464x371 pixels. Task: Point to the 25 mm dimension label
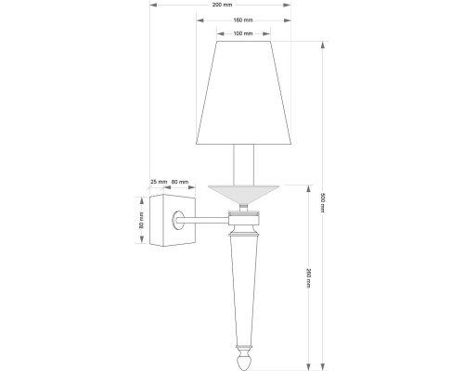(x=157, y=182)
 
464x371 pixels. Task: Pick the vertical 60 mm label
(x=141, y=221)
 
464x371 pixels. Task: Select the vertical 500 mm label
(x=323, y=201)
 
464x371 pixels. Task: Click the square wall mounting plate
(x=171, y=220)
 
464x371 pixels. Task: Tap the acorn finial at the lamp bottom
(x=245, y=356)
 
